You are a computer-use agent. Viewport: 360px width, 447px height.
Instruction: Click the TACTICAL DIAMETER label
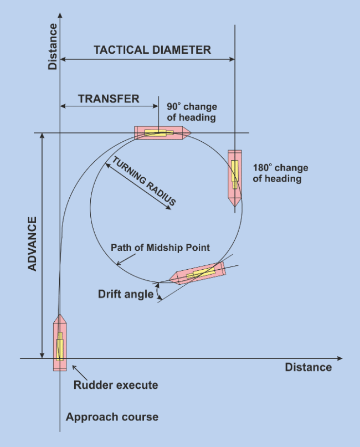pos(152,50)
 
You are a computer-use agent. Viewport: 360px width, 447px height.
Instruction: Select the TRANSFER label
pos(109,99)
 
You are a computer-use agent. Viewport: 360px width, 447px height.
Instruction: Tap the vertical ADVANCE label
pos(32,244)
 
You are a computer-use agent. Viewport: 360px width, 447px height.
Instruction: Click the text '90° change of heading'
pos(192,112)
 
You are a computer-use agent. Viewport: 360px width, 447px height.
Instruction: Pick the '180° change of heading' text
pos(280,173)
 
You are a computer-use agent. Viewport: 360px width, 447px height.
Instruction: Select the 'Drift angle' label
pos(126,294)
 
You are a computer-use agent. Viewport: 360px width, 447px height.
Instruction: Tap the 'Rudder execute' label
pos(116,385)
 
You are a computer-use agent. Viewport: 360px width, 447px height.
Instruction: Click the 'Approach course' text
pos(112,417)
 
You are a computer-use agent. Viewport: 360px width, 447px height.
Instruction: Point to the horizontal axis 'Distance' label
pos(308,367)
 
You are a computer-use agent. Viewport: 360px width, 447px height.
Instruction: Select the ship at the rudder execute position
pos(59,343)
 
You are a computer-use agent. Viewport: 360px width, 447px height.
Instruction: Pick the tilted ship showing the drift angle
pos(200,273)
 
